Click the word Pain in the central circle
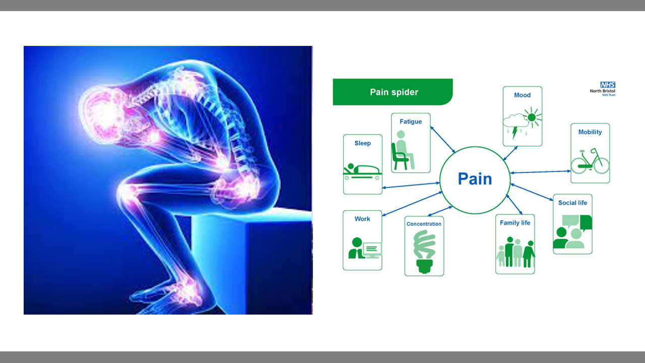click(475, 178)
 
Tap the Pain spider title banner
click(393, 92)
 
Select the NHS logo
click(608, 85)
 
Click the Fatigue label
click(411, 122)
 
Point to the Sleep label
click(362, 143)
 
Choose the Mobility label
click(590, 132)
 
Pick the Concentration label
click(424, 224)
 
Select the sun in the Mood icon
click(532, 117)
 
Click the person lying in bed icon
click(362, 172)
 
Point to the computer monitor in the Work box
click(372, 250)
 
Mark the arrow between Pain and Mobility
click(541, 172)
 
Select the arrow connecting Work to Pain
click(412, 204)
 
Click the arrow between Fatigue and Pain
click(443, 140)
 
